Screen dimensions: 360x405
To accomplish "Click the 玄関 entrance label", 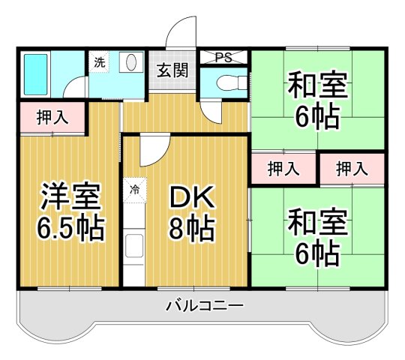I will tap(172, 71).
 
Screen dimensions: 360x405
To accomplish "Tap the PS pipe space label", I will tap(223, 57).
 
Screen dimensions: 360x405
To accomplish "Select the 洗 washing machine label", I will tap(100, 63).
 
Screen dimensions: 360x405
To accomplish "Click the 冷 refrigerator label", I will tap(135, 190).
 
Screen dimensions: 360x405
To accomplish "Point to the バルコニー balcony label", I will tap(203, 306).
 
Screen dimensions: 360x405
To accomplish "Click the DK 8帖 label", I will tap(191, 211).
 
